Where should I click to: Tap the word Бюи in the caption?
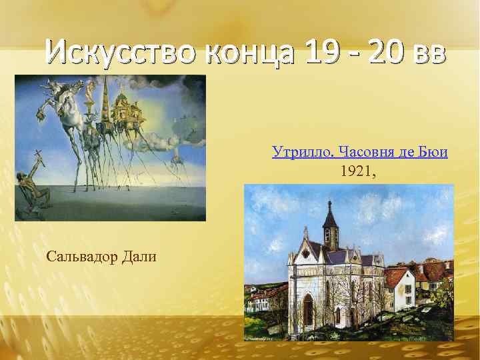coord(434,152)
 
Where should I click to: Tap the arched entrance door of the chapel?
coord(307,310)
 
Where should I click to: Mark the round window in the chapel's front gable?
coord(307,266)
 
